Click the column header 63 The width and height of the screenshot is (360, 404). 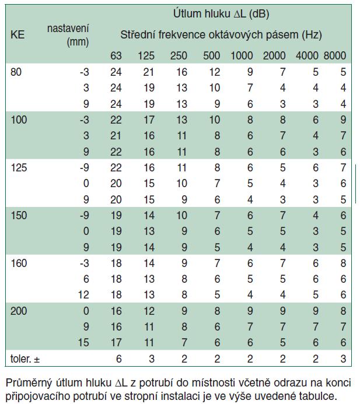[117, 56]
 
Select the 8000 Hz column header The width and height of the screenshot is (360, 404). [335, 56]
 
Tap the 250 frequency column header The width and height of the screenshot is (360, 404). [179, 56]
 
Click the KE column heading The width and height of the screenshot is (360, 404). [18, 34]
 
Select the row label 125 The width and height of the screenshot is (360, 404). [19, 167]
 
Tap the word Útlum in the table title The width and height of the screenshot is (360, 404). [188, 12]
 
